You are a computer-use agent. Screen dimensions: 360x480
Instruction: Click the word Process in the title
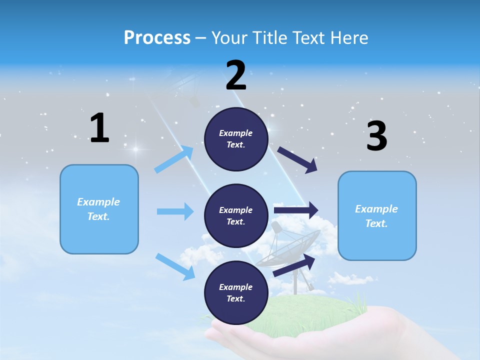157,38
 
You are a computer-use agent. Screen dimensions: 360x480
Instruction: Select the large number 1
99,128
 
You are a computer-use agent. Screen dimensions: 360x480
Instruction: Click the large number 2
236,75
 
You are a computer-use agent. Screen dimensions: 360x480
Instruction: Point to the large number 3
376,136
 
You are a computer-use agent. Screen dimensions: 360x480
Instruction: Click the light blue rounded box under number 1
99,209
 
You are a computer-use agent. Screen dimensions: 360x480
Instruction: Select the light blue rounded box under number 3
377,215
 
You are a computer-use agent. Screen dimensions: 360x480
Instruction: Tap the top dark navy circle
236,139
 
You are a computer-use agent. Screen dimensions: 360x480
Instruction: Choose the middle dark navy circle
236,215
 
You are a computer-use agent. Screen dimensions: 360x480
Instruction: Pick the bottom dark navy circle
236,292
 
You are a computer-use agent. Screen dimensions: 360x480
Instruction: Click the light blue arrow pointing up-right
174,159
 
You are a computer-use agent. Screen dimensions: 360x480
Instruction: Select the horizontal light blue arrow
175,211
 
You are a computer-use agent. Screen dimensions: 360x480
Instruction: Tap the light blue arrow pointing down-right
175,266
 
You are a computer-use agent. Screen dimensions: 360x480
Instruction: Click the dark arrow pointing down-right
298,160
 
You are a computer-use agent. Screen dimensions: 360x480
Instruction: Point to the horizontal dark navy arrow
296,210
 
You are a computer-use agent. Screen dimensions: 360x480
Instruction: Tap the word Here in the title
349,38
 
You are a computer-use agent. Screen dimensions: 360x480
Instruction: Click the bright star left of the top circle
135,149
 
